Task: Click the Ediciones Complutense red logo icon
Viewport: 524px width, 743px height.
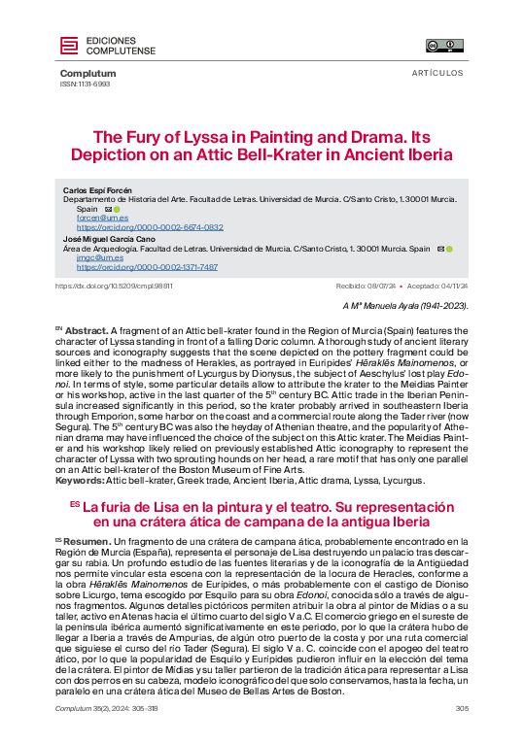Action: point(69,45)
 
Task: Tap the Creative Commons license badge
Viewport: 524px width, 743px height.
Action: point(444,45)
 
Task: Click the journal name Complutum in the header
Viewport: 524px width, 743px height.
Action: point(87,74)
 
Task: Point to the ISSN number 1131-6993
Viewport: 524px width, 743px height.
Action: point(86,84)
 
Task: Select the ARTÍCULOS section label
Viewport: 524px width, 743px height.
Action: point(437,74)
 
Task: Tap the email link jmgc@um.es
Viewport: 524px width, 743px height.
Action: point(92,257)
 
